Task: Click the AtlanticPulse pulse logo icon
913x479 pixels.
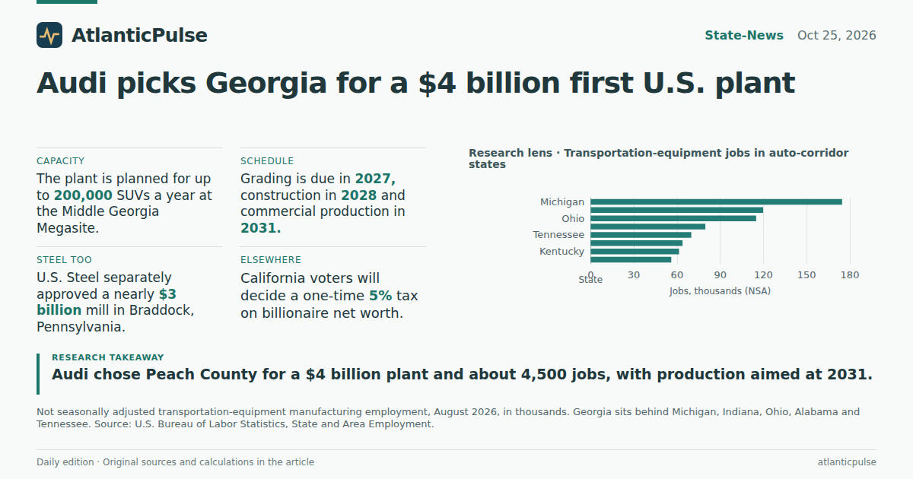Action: pyautogui.click(x=49, y=35)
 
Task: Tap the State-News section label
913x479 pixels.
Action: pyautogui.click(x=744, y=36)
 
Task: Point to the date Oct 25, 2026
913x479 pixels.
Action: pyautogui.click(x=836, y=36)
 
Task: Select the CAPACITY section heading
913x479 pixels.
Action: pyautogui.click(x=60, y=161)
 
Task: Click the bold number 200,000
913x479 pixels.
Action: pyautogui.click(x=83, y=195)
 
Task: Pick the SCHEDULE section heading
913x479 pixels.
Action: pyautogui.click(x=267, y=161)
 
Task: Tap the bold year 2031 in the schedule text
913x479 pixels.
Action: pyautogui.click(x=260, y=228)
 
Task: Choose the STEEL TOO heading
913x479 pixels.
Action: pyautogui.click(x=64, y=260)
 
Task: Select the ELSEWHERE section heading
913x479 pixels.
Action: pyautogui.click(x=271, y=260)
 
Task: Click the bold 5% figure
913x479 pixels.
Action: pyautogui.click(x=380, y=295)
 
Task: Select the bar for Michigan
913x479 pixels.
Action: pyautogui.click(x=716, y=202)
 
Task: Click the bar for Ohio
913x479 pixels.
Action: pyautogui.click(x=673, y=218)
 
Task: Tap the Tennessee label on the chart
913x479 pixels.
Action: pyautogui.click(x=558, y=235)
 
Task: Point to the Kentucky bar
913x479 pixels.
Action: pyautogui.click(x=635, y=252)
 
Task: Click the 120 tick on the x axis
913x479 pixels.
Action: pyautogui.click(x=763, y=275)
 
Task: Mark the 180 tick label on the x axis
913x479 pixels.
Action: pyautogui.click(x=850, y=275)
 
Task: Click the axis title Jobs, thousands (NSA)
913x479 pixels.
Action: pyautogui.click(x=720, y=291)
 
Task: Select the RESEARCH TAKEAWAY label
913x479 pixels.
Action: pyautogui.click(x=107, y=357)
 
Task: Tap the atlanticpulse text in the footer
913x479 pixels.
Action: pyautogui.click(x=847, y=462)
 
